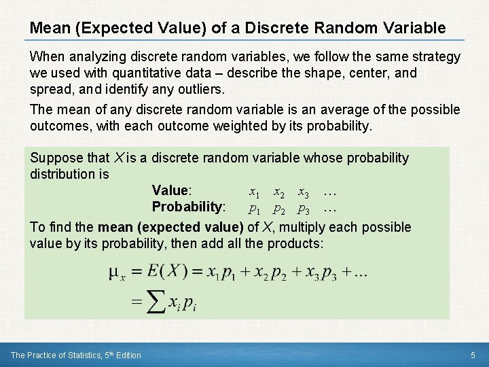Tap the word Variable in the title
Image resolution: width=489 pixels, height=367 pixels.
coord(415,29)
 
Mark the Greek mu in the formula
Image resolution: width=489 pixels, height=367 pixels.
coord(115,273)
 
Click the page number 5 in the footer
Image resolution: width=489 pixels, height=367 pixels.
coord(473,355)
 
